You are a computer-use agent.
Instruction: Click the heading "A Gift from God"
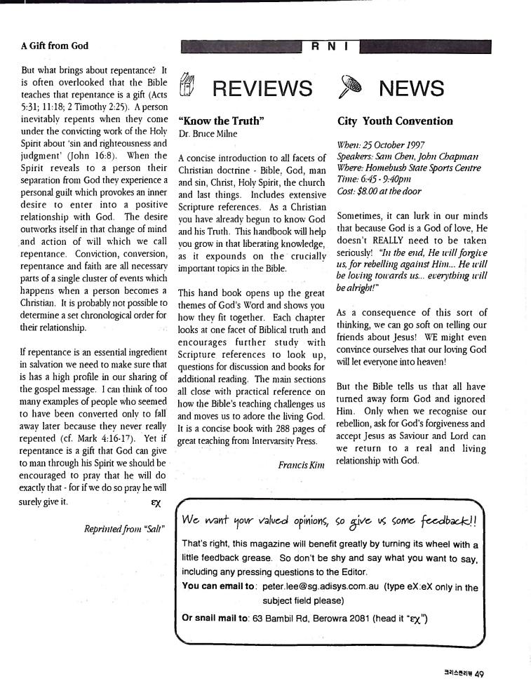coord(54,46)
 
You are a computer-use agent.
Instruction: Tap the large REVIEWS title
coord(262,88)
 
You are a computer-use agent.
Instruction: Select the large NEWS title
coord(411,88)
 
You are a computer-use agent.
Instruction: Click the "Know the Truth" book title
coord(221,121)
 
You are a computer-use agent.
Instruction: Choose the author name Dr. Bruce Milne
coord(208,133)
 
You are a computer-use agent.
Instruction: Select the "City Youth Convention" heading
coord(395,121)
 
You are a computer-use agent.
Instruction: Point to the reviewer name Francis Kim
coord(302,464)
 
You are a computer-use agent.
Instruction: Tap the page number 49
coord(479,674)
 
